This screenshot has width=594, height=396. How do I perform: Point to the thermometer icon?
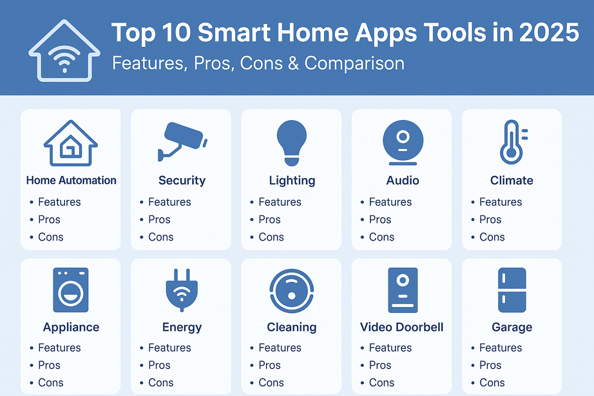pyautogui.click(x=512, y=141)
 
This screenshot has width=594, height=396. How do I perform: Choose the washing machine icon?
pyautogui.click(x=71, y=290)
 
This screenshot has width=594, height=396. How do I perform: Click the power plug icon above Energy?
pyautogui.click(x=182, y=291)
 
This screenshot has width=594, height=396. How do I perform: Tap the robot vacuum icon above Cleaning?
pyautogui.click(x=292, y=290)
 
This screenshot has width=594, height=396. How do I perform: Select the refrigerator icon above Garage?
pyautogui.click(x=512, y=290)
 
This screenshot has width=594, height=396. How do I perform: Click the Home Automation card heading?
pyautogui.click(x=71, y=181)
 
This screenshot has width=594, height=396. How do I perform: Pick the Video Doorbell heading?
pyautogui.click(x=402, y=328)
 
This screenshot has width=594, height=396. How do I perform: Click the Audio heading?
pyautogui.click(x=403, y=181)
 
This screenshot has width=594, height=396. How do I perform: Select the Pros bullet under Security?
pyautogui.click(x=159, y=219)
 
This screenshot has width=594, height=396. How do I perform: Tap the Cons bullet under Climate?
pyautogui.click(x=492, y=237)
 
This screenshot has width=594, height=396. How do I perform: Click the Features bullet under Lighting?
pyautogui.click(x=280, y=202)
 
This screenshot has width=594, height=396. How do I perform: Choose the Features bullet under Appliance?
pyautogui.click(x=59, y=348)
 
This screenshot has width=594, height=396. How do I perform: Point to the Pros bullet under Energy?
pyautogui.click(x=159, y=365)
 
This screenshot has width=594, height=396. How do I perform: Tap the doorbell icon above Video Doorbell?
pyautogui.click(x=403, y=290)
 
